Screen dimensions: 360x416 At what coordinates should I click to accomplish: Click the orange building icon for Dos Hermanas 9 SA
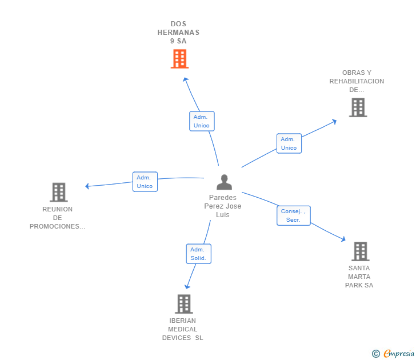179,59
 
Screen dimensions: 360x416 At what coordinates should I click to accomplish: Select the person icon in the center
225,182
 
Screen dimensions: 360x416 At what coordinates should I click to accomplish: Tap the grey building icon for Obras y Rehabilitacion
358,107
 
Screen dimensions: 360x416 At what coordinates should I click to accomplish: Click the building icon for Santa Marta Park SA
360,251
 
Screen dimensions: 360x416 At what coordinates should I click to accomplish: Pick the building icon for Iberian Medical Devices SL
183,304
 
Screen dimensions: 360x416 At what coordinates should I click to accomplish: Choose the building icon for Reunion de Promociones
58,193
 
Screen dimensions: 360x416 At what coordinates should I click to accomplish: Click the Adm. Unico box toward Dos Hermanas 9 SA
202,121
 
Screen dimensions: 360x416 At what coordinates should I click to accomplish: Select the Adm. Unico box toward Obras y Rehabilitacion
289,143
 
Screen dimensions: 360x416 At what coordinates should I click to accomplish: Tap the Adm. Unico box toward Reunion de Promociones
145,182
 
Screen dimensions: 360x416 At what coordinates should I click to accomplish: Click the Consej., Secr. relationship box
294,215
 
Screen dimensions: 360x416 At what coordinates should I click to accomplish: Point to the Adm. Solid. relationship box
198,254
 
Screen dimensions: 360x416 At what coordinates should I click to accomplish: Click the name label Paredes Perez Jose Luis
223,206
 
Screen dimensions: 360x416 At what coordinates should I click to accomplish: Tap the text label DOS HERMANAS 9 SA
178,33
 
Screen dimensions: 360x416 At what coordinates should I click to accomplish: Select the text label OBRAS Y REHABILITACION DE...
357,81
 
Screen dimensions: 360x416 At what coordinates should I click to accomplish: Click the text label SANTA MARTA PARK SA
359,277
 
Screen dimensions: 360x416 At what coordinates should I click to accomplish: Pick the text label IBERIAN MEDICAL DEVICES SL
183,329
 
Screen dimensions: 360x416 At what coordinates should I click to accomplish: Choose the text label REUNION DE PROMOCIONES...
58,218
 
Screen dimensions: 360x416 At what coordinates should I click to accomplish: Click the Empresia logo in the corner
394,354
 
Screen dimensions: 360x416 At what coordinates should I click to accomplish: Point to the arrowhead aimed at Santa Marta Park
343,240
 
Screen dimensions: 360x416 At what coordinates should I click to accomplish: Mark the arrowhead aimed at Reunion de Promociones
87,186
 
